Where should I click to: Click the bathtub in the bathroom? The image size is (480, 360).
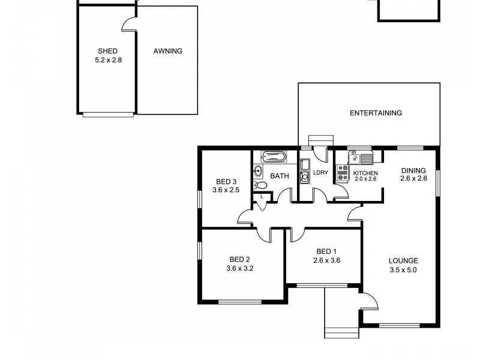tap(274, 158)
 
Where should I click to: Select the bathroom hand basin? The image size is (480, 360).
tap(258, 171)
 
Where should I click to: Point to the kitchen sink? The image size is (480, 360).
tap(354, 158)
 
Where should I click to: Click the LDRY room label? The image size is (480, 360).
tap(320, 173)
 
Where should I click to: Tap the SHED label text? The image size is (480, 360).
tap(108, 52)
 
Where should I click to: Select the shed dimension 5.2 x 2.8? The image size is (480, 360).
tap(108, 60)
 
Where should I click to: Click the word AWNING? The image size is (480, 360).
tap(167, 52)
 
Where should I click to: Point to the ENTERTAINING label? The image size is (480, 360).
tap(376, 113)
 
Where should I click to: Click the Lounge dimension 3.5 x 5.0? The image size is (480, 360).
tap(403, 270)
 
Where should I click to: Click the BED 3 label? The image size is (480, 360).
tap(226, 182)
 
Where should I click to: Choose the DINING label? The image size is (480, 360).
tap(413, 170)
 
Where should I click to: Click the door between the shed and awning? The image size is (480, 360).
tap(129, 23)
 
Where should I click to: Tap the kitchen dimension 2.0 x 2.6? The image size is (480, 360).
tap(365, 179)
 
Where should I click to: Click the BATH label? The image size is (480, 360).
tap(280, 176)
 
